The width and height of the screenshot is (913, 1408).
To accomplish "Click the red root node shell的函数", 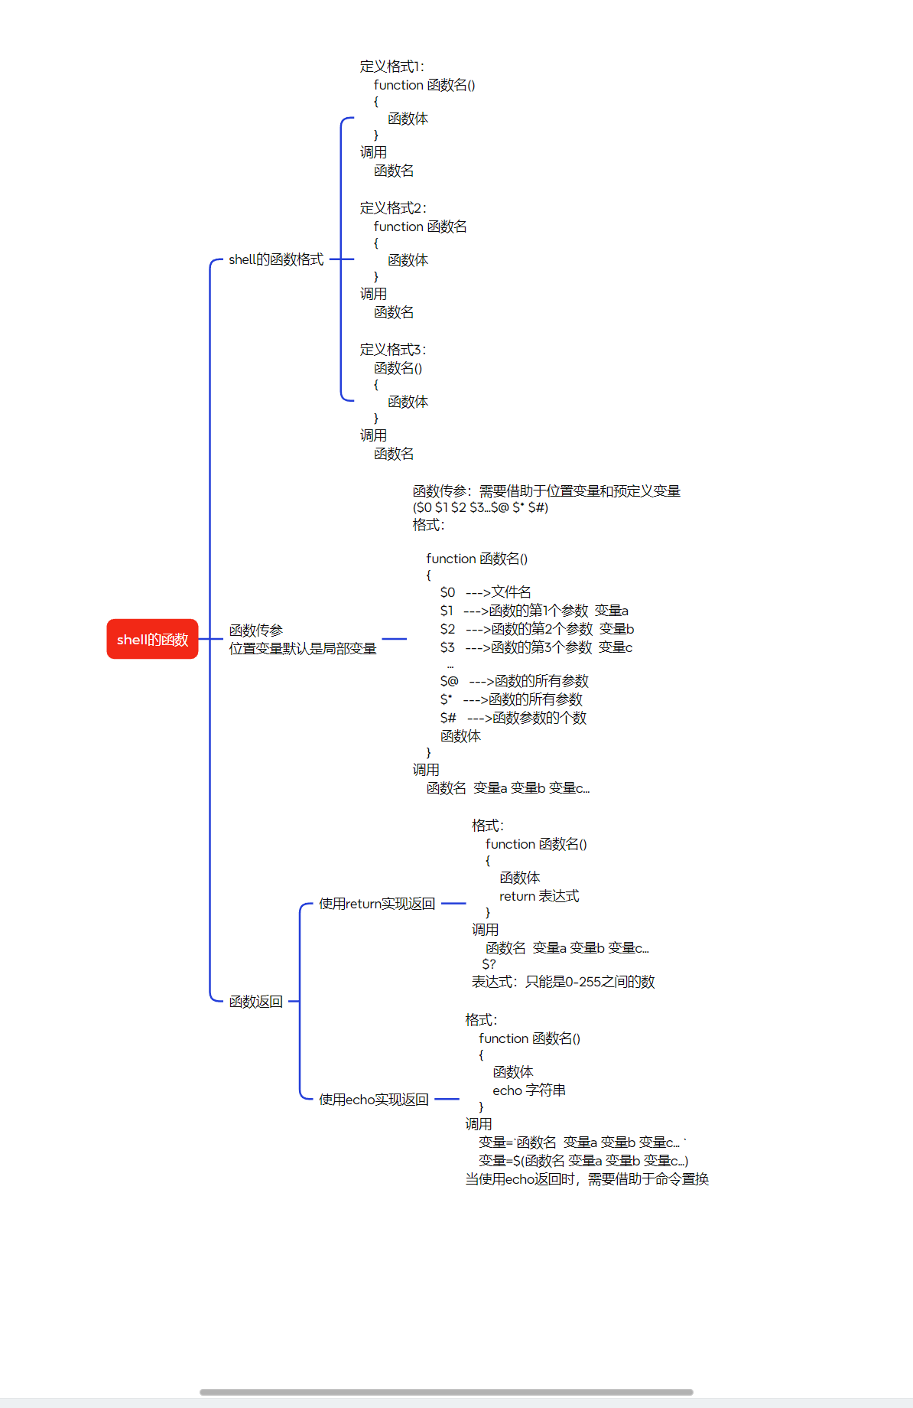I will click(x=152, y=639).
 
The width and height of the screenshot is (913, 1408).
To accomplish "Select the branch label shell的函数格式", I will click(x=276, y=259).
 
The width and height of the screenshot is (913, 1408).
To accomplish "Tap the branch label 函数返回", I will click(x=255, y=1001).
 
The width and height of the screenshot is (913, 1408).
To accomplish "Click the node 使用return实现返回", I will click(x=376, y=904).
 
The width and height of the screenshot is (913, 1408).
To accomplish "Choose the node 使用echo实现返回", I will click(x=373, y=1100).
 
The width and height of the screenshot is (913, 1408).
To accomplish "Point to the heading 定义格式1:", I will click(x=392, y=67).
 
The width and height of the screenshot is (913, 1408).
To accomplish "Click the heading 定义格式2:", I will click(x=393, y=208).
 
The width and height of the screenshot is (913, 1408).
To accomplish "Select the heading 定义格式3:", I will click(x=393, y=350).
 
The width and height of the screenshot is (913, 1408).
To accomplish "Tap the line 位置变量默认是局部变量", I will click(x=303, y=649).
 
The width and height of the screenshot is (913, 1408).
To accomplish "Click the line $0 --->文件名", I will click(x=485, y=592).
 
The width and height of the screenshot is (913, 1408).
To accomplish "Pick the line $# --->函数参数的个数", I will click(x=513, y=718).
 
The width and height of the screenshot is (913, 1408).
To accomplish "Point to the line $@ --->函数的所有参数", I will click(x=514, y=681).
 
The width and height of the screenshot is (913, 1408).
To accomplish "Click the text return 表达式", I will click(x=539, y=896).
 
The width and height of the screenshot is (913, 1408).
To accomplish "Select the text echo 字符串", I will click(x=529, y=1090).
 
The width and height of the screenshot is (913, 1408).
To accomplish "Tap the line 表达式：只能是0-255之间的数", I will click(x=563, y=982).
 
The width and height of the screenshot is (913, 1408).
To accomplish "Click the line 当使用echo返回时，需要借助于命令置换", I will click(x=586, y=1179).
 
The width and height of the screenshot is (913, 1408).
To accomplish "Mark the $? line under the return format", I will click(x=489, y=964).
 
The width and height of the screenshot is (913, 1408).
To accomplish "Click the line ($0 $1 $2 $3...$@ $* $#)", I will click(x=480, y=507).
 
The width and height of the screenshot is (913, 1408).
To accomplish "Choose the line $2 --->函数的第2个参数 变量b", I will click(x=537, y=629).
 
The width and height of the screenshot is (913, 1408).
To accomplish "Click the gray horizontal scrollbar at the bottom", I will click(x=446, y=1392).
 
